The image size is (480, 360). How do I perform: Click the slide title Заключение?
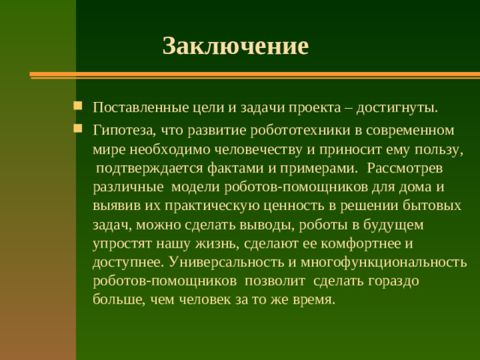click(x=235, y=46)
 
